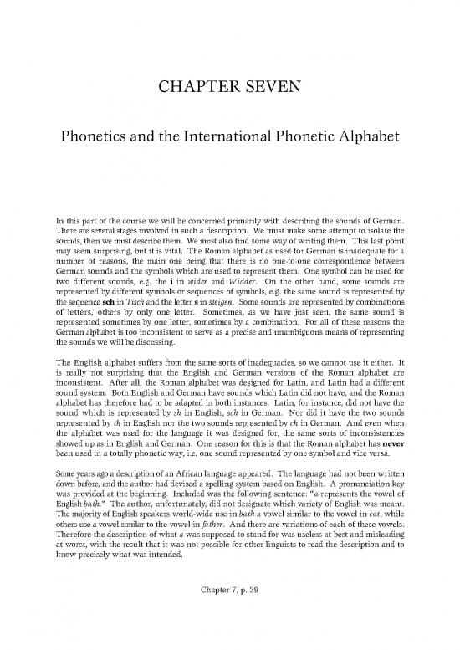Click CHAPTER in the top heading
pos(195,84)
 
